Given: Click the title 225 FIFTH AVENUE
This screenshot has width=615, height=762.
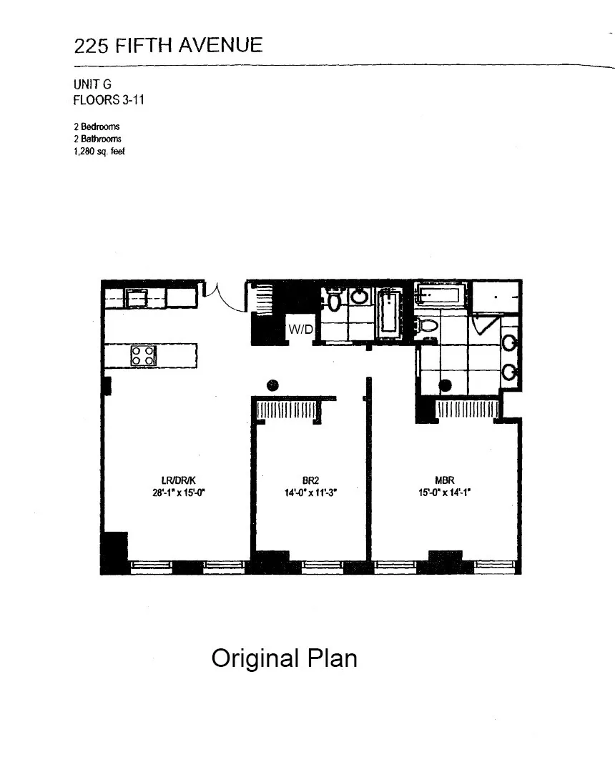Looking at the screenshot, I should click(168, 46).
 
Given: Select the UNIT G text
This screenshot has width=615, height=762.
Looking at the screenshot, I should click(92, 84).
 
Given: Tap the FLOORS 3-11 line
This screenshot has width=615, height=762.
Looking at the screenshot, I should click(109, 100).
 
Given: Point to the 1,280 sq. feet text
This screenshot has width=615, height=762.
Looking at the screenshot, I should click(99, 152).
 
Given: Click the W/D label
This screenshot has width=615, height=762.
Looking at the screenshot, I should click(300, 330).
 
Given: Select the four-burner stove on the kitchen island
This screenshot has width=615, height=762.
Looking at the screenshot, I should click(142, 355).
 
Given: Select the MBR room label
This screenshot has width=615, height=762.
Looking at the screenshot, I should click(445, 480).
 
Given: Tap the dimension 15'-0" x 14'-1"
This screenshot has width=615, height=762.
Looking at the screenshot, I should click(445, 493).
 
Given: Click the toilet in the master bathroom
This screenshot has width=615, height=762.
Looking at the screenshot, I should click(429, 326).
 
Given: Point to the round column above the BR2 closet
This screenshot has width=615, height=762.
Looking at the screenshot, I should click(272, 385).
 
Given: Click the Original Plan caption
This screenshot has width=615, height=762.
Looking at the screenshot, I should click(284, 658).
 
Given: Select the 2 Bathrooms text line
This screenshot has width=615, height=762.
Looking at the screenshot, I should click(97, 139).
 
